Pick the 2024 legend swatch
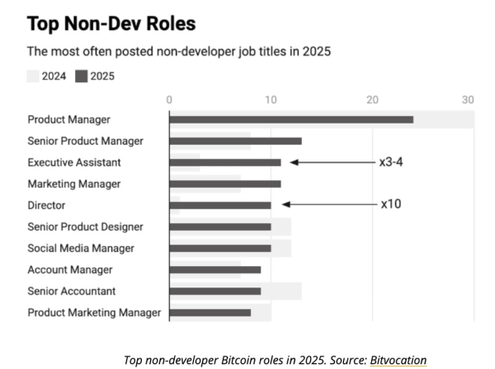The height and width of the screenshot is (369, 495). pyautogui.click(x=34, y=77)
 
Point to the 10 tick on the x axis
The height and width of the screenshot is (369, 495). pyautogui.click(x=271, y=100)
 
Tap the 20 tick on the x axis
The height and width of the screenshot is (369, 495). pyautogui.click(x=372, y=100)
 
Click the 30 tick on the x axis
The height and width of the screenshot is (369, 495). pyautogui.click(x=468, y=100)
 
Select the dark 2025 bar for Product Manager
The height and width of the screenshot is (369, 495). pyautogui.click(x=290, y=119)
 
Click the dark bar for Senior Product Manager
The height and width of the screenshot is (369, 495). pyautogui.click(x=235, y=141)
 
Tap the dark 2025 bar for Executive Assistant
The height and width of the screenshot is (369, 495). pyautogui.click(x=224, y=162)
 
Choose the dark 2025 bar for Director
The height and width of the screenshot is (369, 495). pyautogui.click(x=219, y=205)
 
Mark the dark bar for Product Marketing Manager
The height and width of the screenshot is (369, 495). pyautogui.click(x=210, y=312)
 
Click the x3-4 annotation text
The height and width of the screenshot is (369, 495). pyautogui.click(x=390, y=162)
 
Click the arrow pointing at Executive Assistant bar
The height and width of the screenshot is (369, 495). pyautogui.click(x=330, y=162)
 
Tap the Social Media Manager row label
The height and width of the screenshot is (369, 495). pyautogui.click(x=80, y=248)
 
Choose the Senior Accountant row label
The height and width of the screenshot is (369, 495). pyautogui.click(x=71, y=291)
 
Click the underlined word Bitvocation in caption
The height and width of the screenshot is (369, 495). pyautogui.click(x=398, y=360)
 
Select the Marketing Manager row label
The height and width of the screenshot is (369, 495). pyautogui.click(x=73, y=184)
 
